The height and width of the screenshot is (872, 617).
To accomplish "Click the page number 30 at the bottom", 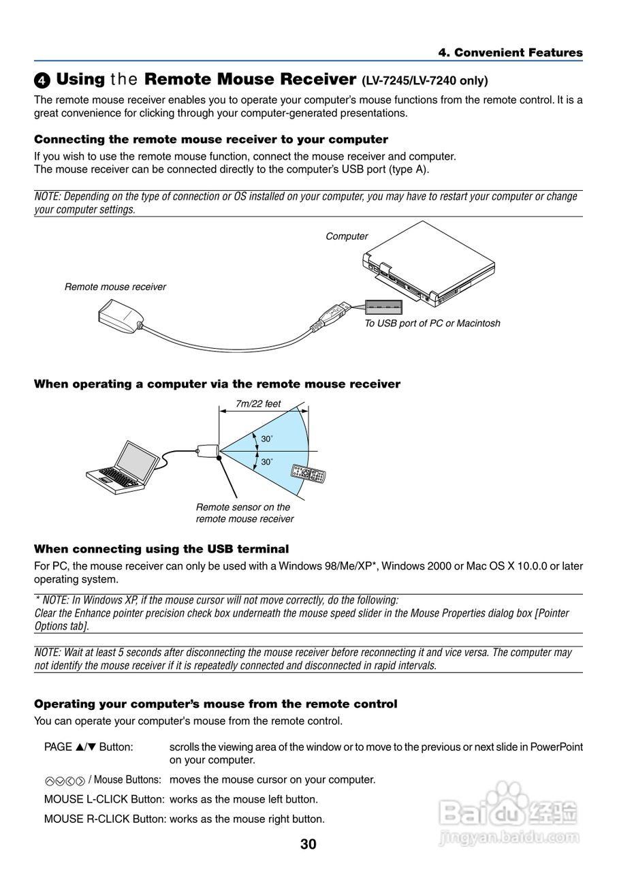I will point(308,845).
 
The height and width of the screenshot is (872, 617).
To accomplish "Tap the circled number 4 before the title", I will point(42,81).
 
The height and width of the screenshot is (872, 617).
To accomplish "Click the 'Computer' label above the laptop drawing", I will point(347,236).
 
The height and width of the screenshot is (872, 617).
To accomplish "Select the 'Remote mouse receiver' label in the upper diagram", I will point(115,287).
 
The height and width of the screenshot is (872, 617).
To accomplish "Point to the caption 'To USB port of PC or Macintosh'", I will point(432,324).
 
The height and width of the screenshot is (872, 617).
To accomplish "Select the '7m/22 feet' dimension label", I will point(258,404).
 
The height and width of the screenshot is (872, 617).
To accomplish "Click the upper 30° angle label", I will point(267,439).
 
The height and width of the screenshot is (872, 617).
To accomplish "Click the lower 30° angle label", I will point(267,462).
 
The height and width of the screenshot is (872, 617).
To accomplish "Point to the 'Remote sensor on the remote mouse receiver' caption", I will point(244,513).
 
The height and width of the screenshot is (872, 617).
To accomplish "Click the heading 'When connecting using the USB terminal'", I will point(161,549).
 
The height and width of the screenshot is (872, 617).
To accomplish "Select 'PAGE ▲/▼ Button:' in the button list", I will point(89,747).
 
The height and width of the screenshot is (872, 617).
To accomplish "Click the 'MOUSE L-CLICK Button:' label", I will point(104,799).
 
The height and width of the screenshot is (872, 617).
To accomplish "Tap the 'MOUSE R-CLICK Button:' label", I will point(105,819).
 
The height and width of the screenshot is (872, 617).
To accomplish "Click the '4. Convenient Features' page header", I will point(510,52).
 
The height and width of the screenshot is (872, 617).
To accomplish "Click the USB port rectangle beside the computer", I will point(383,307).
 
